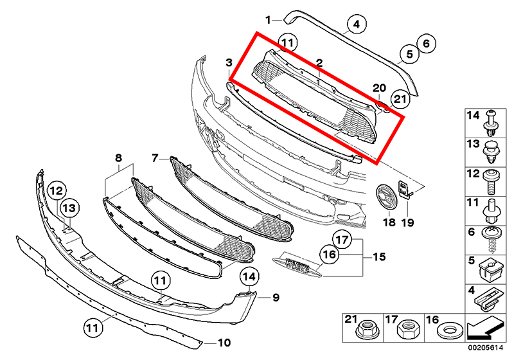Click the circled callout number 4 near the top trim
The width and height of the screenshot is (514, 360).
(x=355, y=26)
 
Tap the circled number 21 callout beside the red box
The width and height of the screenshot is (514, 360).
(x=400, y=98)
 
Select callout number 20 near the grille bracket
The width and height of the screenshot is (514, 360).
(x=379, y=88)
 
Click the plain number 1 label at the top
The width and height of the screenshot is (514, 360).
(x=269, y=19)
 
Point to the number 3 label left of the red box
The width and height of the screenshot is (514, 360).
(x=229, y=62)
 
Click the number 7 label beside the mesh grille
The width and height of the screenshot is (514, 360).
(x=155, y=157)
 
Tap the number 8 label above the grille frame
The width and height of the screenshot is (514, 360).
(x=118, y=157)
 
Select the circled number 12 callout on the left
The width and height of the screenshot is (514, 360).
(x=56, y=190)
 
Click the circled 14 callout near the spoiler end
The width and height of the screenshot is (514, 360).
(x=249, y=277)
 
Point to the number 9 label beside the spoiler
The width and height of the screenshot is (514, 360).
(x=275, y=297)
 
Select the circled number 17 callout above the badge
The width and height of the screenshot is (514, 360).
(x=343, y=241)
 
